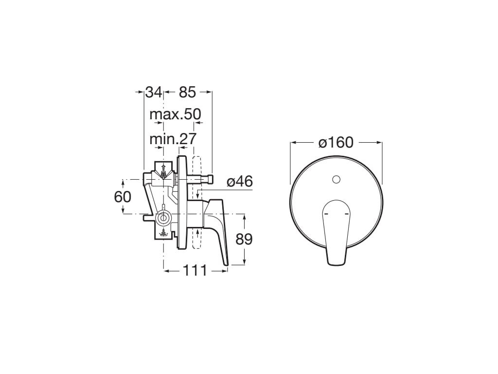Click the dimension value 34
click(x=154, y=92)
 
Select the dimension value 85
click(x=187, y=92)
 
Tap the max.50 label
click(x=175, y=114)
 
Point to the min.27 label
click(x=173, y=139)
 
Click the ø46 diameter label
click(x=240, y=182)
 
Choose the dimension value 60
click(x=123, y=197)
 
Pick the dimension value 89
click(x=244, y=239)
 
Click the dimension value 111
click(x=195, y=270)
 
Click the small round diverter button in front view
click(x=336, y=179)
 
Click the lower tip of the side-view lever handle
click(x=226, y=264)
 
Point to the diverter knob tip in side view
click(x=212, y=180)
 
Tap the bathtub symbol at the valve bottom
click(x=164, y=234)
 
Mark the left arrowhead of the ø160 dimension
click(x=293, y=143)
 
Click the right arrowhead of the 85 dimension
click(x=210, y=92)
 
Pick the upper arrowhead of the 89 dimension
click(x=244, y=216)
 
